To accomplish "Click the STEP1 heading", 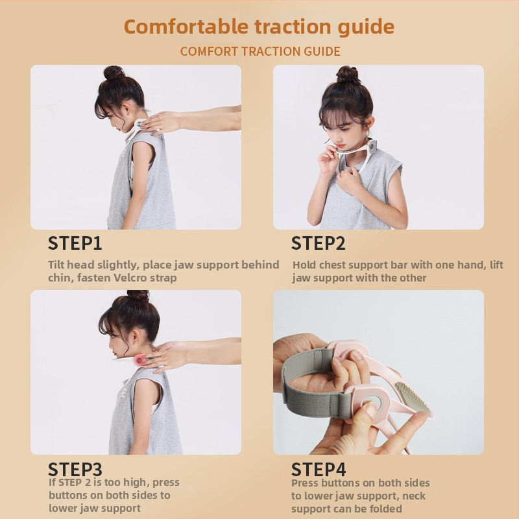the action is coord(75,243).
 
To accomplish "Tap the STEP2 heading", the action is coord(318,243).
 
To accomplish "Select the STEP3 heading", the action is coord(75,469).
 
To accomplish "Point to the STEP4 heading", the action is coord(319,469).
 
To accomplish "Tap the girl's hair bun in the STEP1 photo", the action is coord(114,73).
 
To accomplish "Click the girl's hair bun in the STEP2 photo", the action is coord(347,75).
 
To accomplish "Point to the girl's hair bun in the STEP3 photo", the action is coord(138,295).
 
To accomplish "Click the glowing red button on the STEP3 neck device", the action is coord(140,359).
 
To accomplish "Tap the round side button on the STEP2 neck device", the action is coord(372,145).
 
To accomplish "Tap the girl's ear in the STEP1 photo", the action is coord(126,109).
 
